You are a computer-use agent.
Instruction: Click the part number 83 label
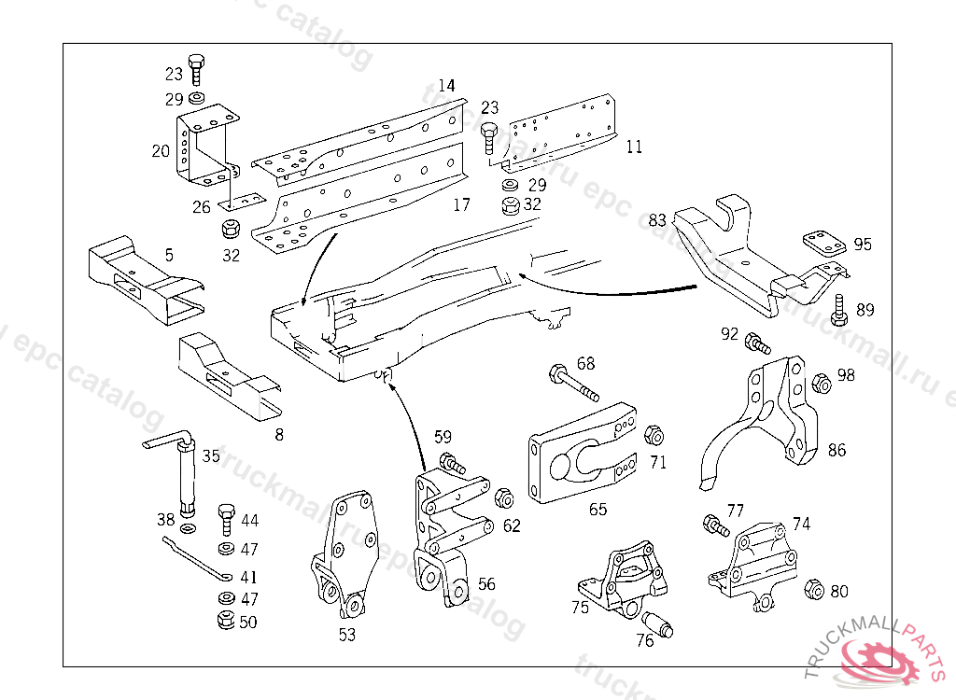(658, 220)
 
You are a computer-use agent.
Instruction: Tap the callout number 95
(863, 245)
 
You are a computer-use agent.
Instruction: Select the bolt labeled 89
(838, 310)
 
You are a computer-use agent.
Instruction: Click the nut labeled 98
(822, 383)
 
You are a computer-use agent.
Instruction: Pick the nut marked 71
(654, 435)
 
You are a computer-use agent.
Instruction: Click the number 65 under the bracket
(597, 510)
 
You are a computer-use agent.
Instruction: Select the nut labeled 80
(811, 589)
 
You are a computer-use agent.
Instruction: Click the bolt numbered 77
(715, 526)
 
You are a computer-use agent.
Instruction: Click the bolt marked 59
(452, 461)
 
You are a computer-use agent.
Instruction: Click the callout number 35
(211, 456)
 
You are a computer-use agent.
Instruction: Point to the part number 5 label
(169, 254)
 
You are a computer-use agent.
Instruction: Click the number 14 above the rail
(446, 86)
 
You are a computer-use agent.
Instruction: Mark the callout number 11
(635, 147)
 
